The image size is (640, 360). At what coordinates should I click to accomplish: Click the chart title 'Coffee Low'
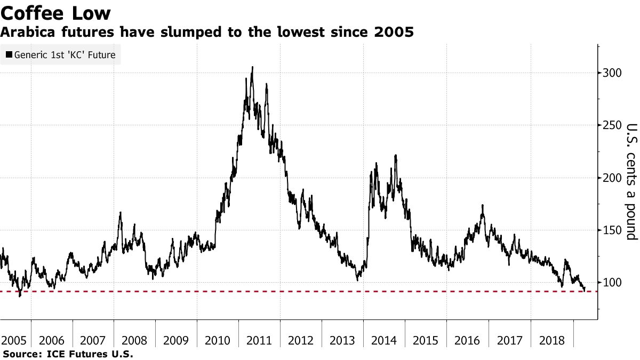56,12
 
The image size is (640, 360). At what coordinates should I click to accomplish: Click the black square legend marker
9,54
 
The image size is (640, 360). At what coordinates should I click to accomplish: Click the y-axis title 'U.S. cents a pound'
631,181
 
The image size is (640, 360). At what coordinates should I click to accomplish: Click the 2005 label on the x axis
14,340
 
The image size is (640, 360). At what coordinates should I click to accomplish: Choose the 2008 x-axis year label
135,340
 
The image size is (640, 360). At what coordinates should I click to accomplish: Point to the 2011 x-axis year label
259,340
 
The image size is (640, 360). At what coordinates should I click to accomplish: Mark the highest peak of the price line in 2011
252,67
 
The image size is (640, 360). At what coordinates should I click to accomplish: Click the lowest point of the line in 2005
20,296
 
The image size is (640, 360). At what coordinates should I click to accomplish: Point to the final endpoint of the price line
585,289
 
